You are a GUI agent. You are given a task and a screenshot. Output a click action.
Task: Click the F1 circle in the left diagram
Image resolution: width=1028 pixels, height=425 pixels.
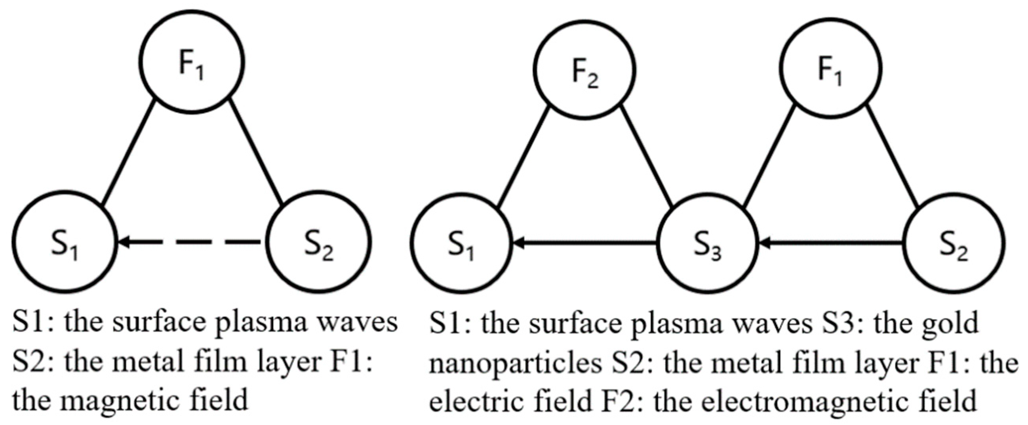pos(193,62)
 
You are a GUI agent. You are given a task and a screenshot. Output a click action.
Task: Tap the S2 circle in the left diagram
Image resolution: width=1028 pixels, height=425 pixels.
pos(319,241)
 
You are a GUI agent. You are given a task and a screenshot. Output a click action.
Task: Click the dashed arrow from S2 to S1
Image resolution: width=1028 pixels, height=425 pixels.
pos(192,241)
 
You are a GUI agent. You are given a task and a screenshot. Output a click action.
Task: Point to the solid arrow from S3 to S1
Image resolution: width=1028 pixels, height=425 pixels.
pos(584,242)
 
